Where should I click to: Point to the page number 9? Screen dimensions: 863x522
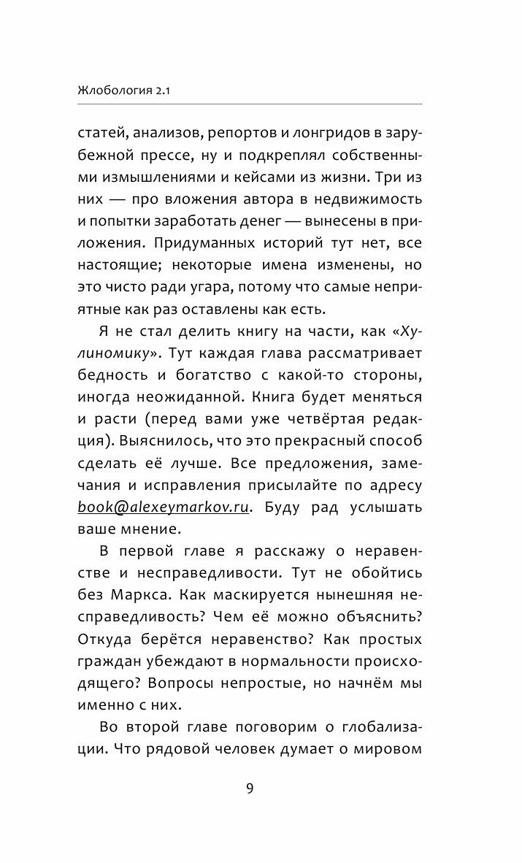[x=250, y=788]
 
